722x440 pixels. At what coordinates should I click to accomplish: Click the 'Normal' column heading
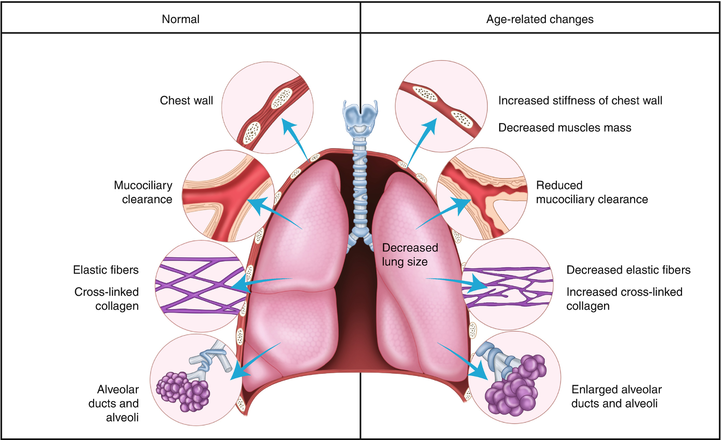point(180,19)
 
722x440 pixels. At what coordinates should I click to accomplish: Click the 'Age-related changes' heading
point(540,19)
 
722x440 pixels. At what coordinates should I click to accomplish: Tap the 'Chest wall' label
point(186,101)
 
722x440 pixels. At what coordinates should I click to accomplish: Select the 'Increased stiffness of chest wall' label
point(580,101)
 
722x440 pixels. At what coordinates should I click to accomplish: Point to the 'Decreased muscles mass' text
point(565,128)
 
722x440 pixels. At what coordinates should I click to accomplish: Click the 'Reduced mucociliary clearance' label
point(591,192)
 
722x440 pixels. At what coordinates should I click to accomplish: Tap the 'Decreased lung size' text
point(409,255)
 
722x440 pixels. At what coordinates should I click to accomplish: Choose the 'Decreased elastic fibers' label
point(628,270)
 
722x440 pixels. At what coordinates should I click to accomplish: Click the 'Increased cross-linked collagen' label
point(624,299)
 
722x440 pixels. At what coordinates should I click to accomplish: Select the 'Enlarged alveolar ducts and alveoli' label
point(616,396)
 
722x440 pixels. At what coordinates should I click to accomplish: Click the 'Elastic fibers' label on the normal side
point(106,270)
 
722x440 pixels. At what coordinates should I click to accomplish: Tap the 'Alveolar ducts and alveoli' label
point(114,403)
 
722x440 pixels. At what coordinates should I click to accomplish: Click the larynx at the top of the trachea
point(361,115)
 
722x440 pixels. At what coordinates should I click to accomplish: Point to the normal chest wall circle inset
point(267,108)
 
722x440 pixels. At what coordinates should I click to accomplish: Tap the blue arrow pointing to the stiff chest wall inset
point(422,141)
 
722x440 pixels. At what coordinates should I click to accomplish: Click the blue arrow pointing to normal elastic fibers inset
point(261,283)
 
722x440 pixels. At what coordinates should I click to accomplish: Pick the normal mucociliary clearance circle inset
point(228,196)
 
